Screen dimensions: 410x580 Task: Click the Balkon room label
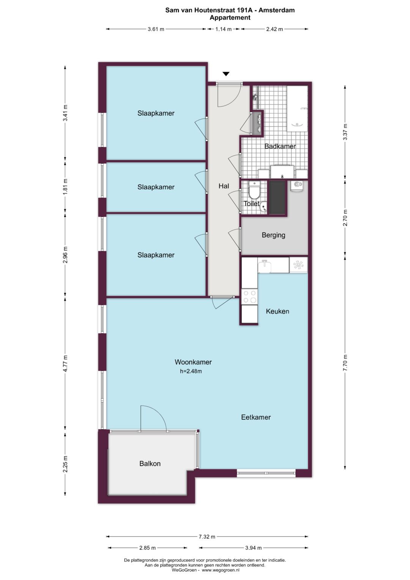(150, 463)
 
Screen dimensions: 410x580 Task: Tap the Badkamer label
(280, 146)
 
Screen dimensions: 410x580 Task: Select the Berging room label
(274, 235)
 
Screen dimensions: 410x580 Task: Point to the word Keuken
(278, 311)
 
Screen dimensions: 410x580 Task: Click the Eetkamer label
(256, 417)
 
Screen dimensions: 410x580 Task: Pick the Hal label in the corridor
(224, 186)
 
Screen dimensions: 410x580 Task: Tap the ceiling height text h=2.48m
(191, 371)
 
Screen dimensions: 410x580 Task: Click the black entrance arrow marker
(226, 74)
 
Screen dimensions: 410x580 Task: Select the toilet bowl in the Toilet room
(254, 189)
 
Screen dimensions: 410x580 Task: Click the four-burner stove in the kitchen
(249, 297)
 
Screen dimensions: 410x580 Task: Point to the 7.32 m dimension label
(207, 537)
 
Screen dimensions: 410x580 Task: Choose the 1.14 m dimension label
(223, 29)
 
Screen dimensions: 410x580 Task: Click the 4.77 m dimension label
(65, 363)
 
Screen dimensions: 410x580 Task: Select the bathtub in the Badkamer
(297, 109)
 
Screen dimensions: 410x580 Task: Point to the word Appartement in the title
(230, 17)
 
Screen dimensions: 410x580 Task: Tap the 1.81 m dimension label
(65, 187)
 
